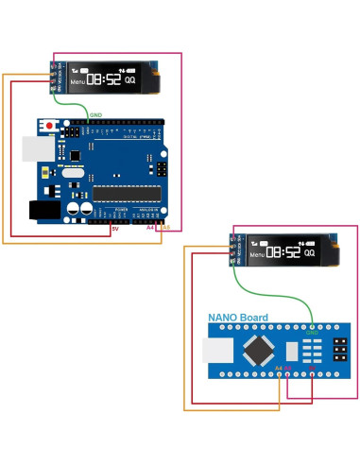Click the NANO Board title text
237,318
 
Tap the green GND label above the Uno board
96,114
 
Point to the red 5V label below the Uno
114,229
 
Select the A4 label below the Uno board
150,228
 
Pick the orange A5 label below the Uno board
165,228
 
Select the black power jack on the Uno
43,211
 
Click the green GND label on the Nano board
312,333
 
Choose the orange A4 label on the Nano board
278,367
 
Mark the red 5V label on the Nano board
313,367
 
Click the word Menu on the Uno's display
77,82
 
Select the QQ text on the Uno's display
129,81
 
